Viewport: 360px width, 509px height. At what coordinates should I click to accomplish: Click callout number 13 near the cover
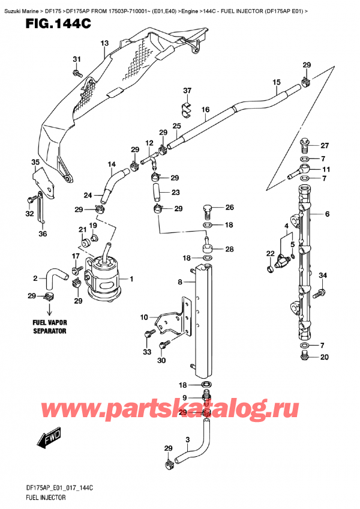(104, 43)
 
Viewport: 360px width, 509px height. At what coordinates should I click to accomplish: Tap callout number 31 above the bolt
(76, 59)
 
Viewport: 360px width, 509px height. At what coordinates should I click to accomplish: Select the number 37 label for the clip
(187, 91)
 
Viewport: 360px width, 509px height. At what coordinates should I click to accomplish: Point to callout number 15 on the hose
(277, 82)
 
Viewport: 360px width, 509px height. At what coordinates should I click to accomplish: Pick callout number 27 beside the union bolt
(325, 145)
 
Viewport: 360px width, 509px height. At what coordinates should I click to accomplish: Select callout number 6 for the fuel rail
(328, 214)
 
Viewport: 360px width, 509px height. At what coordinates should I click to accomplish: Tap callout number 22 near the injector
(271, 254)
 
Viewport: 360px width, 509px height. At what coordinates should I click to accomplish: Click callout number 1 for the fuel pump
(131, 279)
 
